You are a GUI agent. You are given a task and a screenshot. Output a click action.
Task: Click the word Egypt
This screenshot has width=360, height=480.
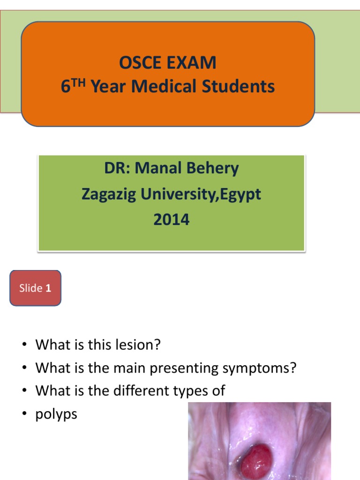coord(241,194)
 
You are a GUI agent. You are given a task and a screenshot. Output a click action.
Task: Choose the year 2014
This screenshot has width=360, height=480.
coord(172,219)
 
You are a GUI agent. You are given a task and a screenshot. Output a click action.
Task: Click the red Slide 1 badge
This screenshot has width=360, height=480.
coord(35,288)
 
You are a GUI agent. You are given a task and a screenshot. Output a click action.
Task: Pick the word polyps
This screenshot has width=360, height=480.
coord(56,414)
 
